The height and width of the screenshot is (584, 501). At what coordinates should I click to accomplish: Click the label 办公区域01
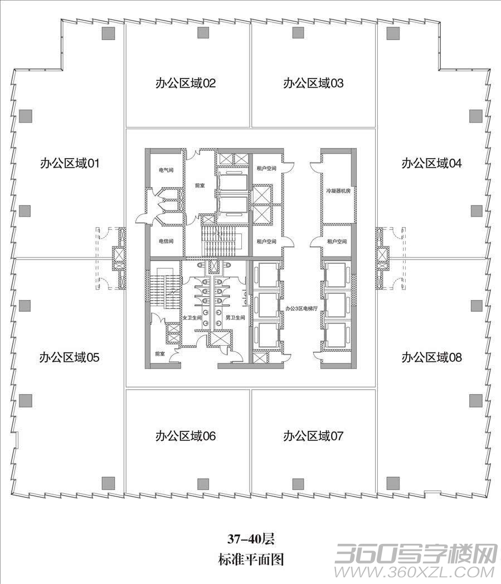point(70,163)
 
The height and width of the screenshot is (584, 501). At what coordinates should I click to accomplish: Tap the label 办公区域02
point(186,83)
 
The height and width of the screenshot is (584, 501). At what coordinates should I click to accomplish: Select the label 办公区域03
point(313,83)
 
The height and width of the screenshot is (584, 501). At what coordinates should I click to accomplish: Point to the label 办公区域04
point(432,163)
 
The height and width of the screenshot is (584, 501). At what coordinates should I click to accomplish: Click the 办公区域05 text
point(69,357)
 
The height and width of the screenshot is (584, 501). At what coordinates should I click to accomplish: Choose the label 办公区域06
point(186,436)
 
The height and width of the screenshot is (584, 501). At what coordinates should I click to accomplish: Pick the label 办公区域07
point(313,436)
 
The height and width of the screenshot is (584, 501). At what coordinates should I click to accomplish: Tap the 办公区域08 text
point(432,357)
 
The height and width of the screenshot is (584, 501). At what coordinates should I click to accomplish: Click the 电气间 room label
point(166,170)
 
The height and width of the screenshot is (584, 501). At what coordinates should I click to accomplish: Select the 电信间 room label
point(166,242)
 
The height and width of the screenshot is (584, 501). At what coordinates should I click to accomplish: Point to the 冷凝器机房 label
point(338,191)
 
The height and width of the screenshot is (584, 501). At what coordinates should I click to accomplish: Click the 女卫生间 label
point(192,318)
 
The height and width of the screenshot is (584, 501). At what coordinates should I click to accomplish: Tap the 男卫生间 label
point(236,318)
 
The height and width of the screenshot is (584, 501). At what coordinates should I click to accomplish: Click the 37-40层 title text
point(251,539)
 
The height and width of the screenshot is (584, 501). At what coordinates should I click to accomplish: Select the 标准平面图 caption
point(251,560)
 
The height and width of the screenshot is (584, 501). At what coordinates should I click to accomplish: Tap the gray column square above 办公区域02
point(203,33)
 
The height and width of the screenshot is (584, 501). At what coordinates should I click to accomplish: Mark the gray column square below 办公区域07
point(298,483)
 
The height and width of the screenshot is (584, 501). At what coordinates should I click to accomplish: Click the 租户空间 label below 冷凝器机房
point(337,242)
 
